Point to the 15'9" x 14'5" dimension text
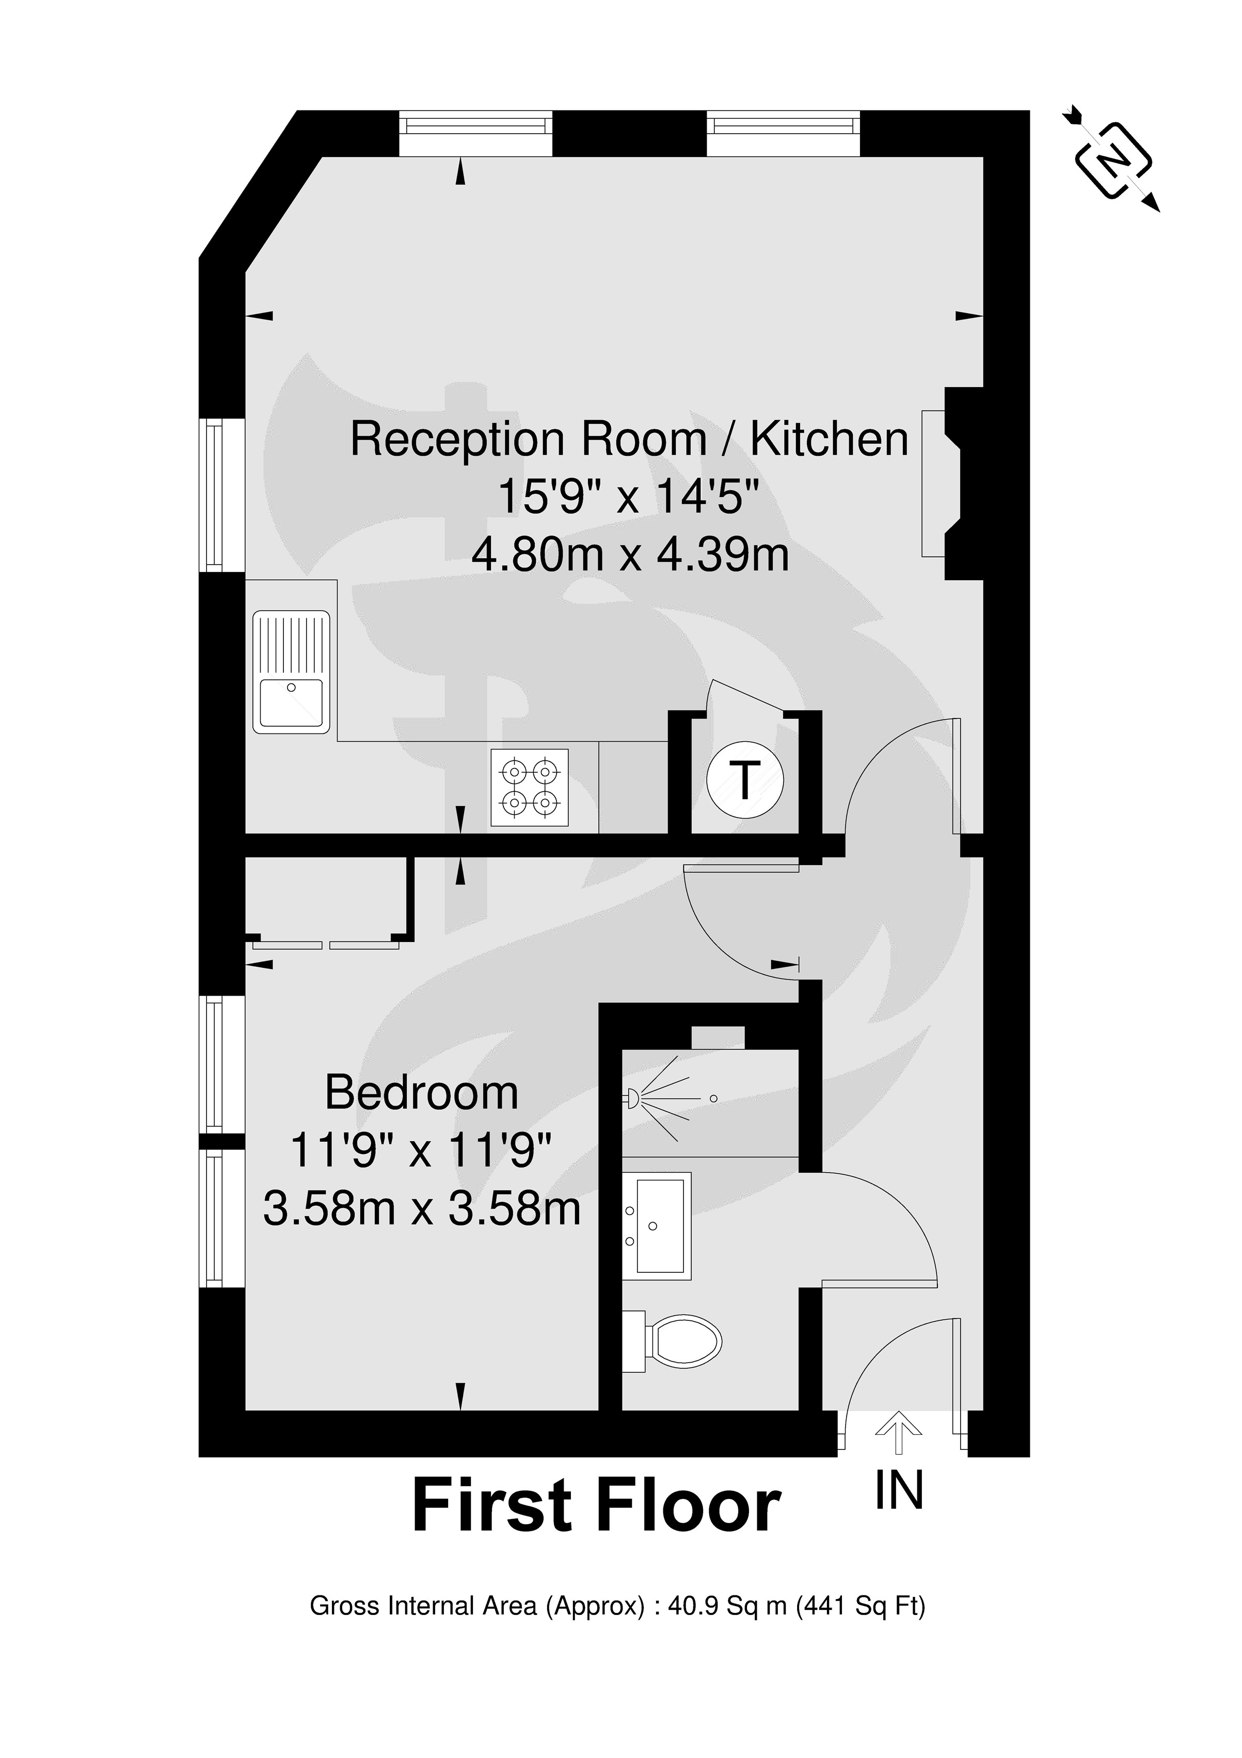(629, 497)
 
